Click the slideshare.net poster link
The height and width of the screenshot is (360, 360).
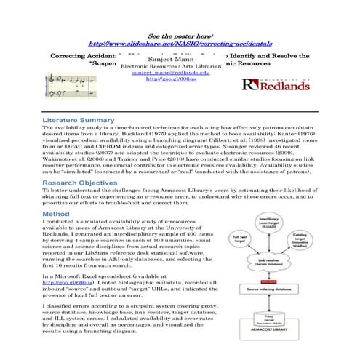click(180, 44)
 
